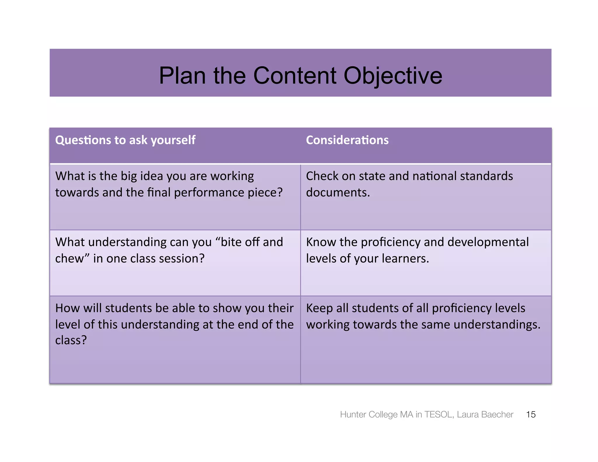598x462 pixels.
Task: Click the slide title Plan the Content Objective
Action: pos(300,75)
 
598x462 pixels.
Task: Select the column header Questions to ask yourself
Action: pos(125,140)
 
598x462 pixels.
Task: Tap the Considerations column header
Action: pos(347,140)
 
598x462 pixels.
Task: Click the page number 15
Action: pos(531,414)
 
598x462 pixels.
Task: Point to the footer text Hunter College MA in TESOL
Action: pos(397,414)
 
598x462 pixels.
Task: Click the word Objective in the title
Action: pos(393,76)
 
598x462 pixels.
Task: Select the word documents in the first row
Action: pos(338,192)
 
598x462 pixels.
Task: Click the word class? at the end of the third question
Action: pos(71,340)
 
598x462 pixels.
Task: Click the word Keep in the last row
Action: pos(319,308)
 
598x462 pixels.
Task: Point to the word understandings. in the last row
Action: pos(497,325)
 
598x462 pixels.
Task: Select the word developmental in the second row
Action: pos(488,242)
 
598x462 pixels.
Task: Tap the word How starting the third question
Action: pos(66,308)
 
